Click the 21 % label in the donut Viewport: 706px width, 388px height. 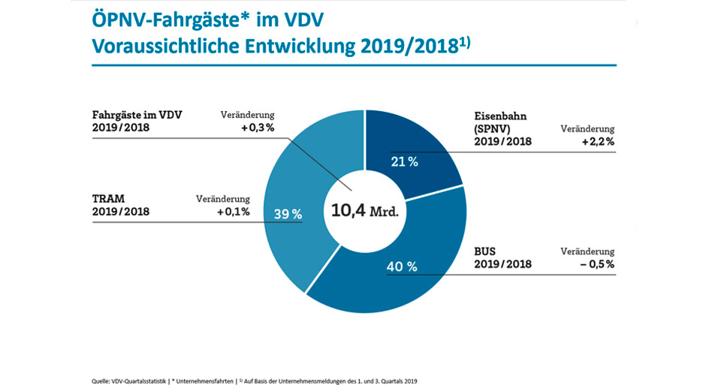click(404, 162)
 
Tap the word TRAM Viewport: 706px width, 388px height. click(110, 199)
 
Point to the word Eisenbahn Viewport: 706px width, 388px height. click(502, 116)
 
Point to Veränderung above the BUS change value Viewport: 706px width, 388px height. click(587, 251)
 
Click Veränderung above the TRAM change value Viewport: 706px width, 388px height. click(223, 199)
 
